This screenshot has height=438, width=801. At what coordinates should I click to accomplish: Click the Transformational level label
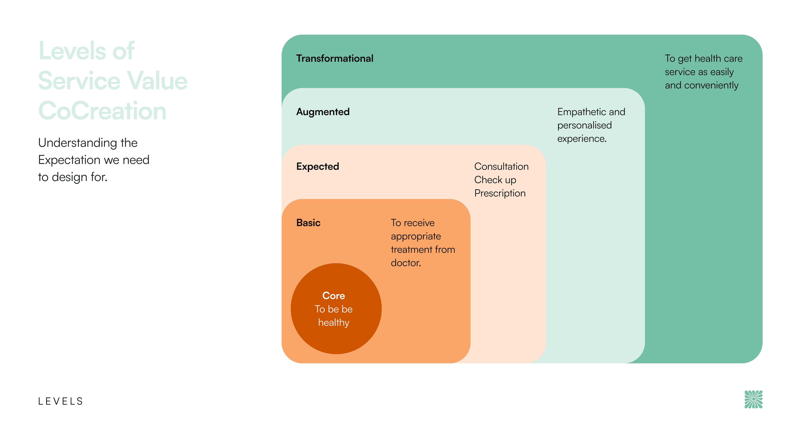click(335, 58)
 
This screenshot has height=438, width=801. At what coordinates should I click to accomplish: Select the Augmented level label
click(323, 112)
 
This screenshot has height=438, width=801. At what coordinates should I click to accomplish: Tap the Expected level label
click(317, 167)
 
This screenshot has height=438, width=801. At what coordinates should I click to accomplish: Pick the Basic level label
click(308, 223)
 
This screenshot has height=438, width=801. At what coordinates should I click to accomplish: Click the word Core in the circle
click(333, 296)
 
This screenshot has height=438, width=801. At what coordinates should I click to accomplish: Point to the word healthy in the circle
click(333, 323)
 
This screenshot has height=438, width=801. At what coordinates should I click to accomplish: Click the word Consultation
click(501, 167)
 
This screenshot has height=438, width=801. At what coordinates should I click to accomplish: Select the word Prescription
click(500, 193)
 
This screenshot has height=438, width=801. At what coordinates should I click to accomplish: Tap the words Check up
click(495, 180)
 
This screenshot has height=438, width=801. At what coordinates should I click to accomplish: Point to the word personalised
click(584, 125)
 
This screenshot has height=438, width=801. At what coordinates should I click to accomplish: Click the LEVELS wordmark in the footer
click(61, 401)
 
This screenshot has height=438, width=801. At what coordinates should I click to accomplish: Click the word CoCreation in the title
click(102, 111)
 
